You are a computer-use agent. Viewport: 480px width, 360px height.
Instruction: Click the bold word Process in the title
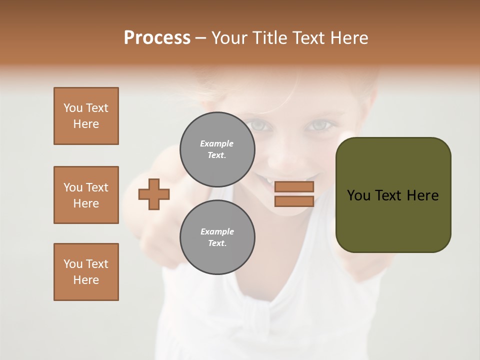pyautogui.click(x=157, y=38)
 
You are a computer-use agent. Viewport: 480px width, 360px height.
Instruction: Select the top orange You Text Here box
pyautogui.click(x=86, y=116)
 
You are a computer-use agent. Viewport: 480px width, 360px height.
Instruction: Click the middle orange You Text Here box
pyautogui.click(x=86, y=195)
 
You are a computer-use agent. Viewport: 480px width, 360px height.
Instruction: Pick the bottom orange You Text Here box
pyautogui.click(x=86, y=272)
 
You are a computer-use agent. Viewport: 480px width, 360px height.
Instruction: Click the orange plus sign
pyautogui.click(x=154, y=193)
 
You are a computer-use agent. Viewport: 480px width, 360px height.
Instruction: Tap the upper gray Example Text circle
pyautogui.click(x=217, y=149)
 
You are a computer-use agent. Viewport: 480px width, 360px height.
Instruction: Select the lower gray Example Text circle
pyautogui.click(x=217, y=237)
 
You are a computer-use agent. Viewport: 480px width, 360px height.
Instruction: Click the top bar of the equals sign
pyautogui.click(x=294, y=187)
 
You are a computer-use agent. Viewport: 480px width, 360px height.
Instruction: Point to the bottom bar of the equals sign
pyautogui.click(x=294, y=201)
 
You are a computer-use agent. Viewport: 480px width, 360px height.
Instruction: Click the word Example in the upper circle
pyautogui.click(x=216, y=143)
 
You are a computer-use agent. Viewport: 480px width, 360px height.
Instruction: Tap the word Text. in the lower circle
pyautogui.click(x=217, y=243)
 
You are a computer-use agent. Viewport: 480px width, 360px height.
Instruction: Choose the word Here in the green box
pyautogui.click(x=423, y=195)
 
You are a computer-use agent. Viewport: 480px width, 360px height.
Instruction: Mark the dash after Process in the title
pyautogui.click(x=200, y=38)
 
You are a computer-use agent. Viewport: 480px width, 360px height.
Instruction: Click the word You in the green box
pyautogui.click(x=358, y=195)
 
